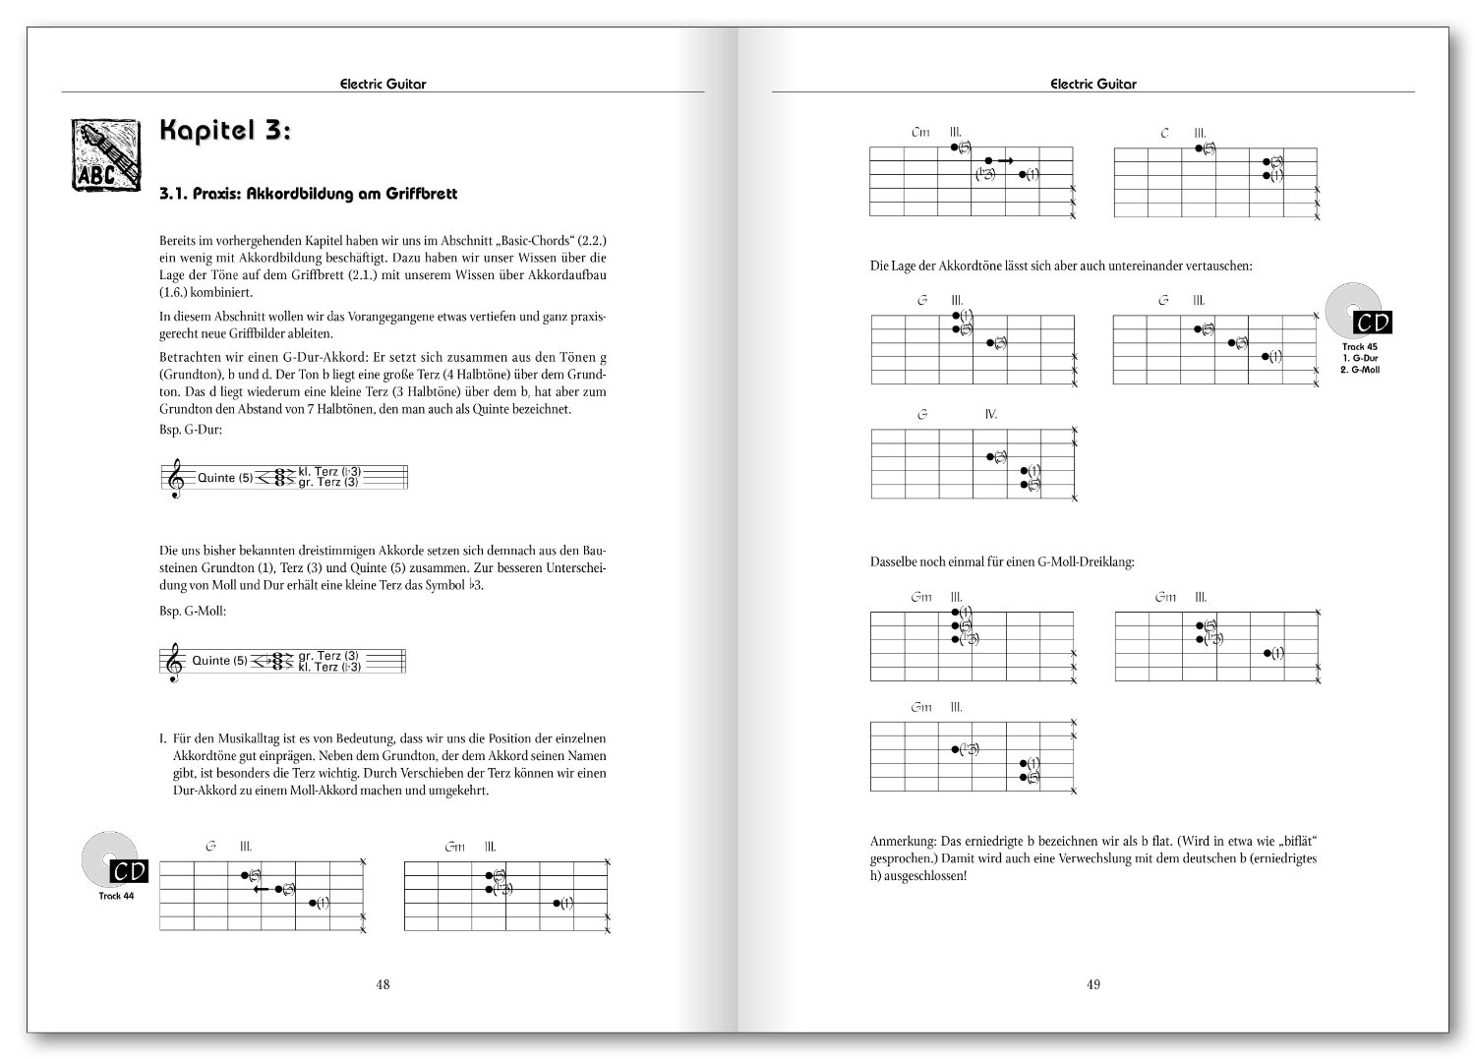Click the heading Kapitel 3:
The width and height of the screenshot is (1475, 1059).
224,133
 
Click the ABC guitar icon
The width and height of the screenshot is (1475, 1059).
102,154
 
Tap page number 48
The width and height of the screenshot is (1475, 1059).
383,984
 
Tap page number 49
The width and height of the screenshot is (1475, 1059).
1093,984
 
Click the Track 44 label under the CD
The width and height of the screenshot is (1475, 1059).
116,896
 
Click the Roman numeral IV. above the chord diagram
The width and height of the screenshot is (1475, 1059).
991,414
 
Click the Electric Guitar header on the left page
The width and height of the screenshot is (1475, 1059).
383,84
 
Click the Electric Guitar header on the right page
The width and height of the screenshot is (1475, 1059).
1092,84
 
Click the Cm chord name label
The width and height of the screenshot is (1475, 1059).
920,132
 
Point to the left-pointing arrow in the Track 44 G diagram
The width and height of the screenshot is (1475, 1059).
262,888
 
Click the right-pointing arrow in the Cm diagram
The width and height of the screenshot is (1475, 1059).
1005,159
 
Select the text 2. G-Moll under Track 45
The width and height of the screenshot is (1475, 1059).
1360,370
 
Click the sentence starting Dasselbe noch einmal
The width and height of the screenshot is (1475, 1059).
1002,562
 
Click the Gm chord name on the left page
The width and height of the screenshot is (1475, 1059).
454,847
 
